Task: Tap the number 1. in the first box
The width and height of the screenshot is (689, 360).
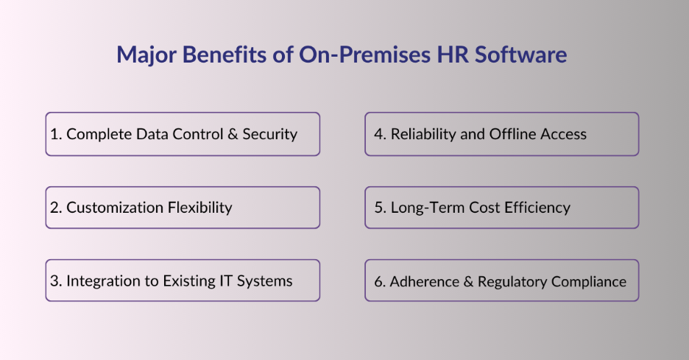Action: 56,134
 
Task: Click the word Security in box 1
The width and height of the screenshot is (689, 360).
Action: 269,134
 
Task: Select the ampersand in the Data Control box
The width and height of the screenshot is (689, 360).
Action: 233,134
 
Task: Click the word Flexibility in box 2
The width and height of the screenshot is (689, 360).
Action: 199,208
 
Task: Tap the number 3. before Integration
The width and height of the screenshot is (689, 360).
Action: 56,280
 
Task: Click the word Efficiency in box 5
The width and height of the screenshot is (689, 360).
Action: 537,208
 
